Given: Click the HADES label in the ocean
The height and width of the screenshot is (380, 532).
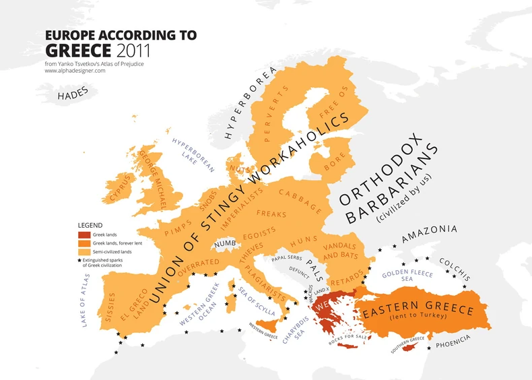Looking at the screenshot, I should (73, 96).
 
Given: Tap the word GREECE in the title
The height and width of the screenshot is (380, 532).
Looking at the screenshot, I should (79, 50).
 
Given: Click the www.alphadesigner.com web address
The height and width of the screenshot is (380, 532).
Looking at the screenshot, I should (75, 71).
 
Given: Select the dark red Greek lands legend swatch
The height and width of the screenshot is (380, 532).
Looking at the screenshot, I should (84, 234).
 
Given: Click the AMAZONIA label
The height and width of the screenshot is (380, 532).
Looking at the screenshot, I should (429, 233).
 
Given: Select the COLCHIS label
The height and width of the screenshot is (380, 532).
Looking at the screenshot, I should (455, 268).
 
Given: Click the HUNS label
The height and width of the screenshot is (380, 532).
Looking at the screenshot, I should (303, 239).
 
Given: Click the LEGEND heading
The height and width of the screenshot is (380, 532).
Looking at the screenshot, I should (90, 224).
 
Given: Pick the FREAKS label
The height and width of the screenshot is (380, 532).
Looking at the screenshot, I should (271, 214).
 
